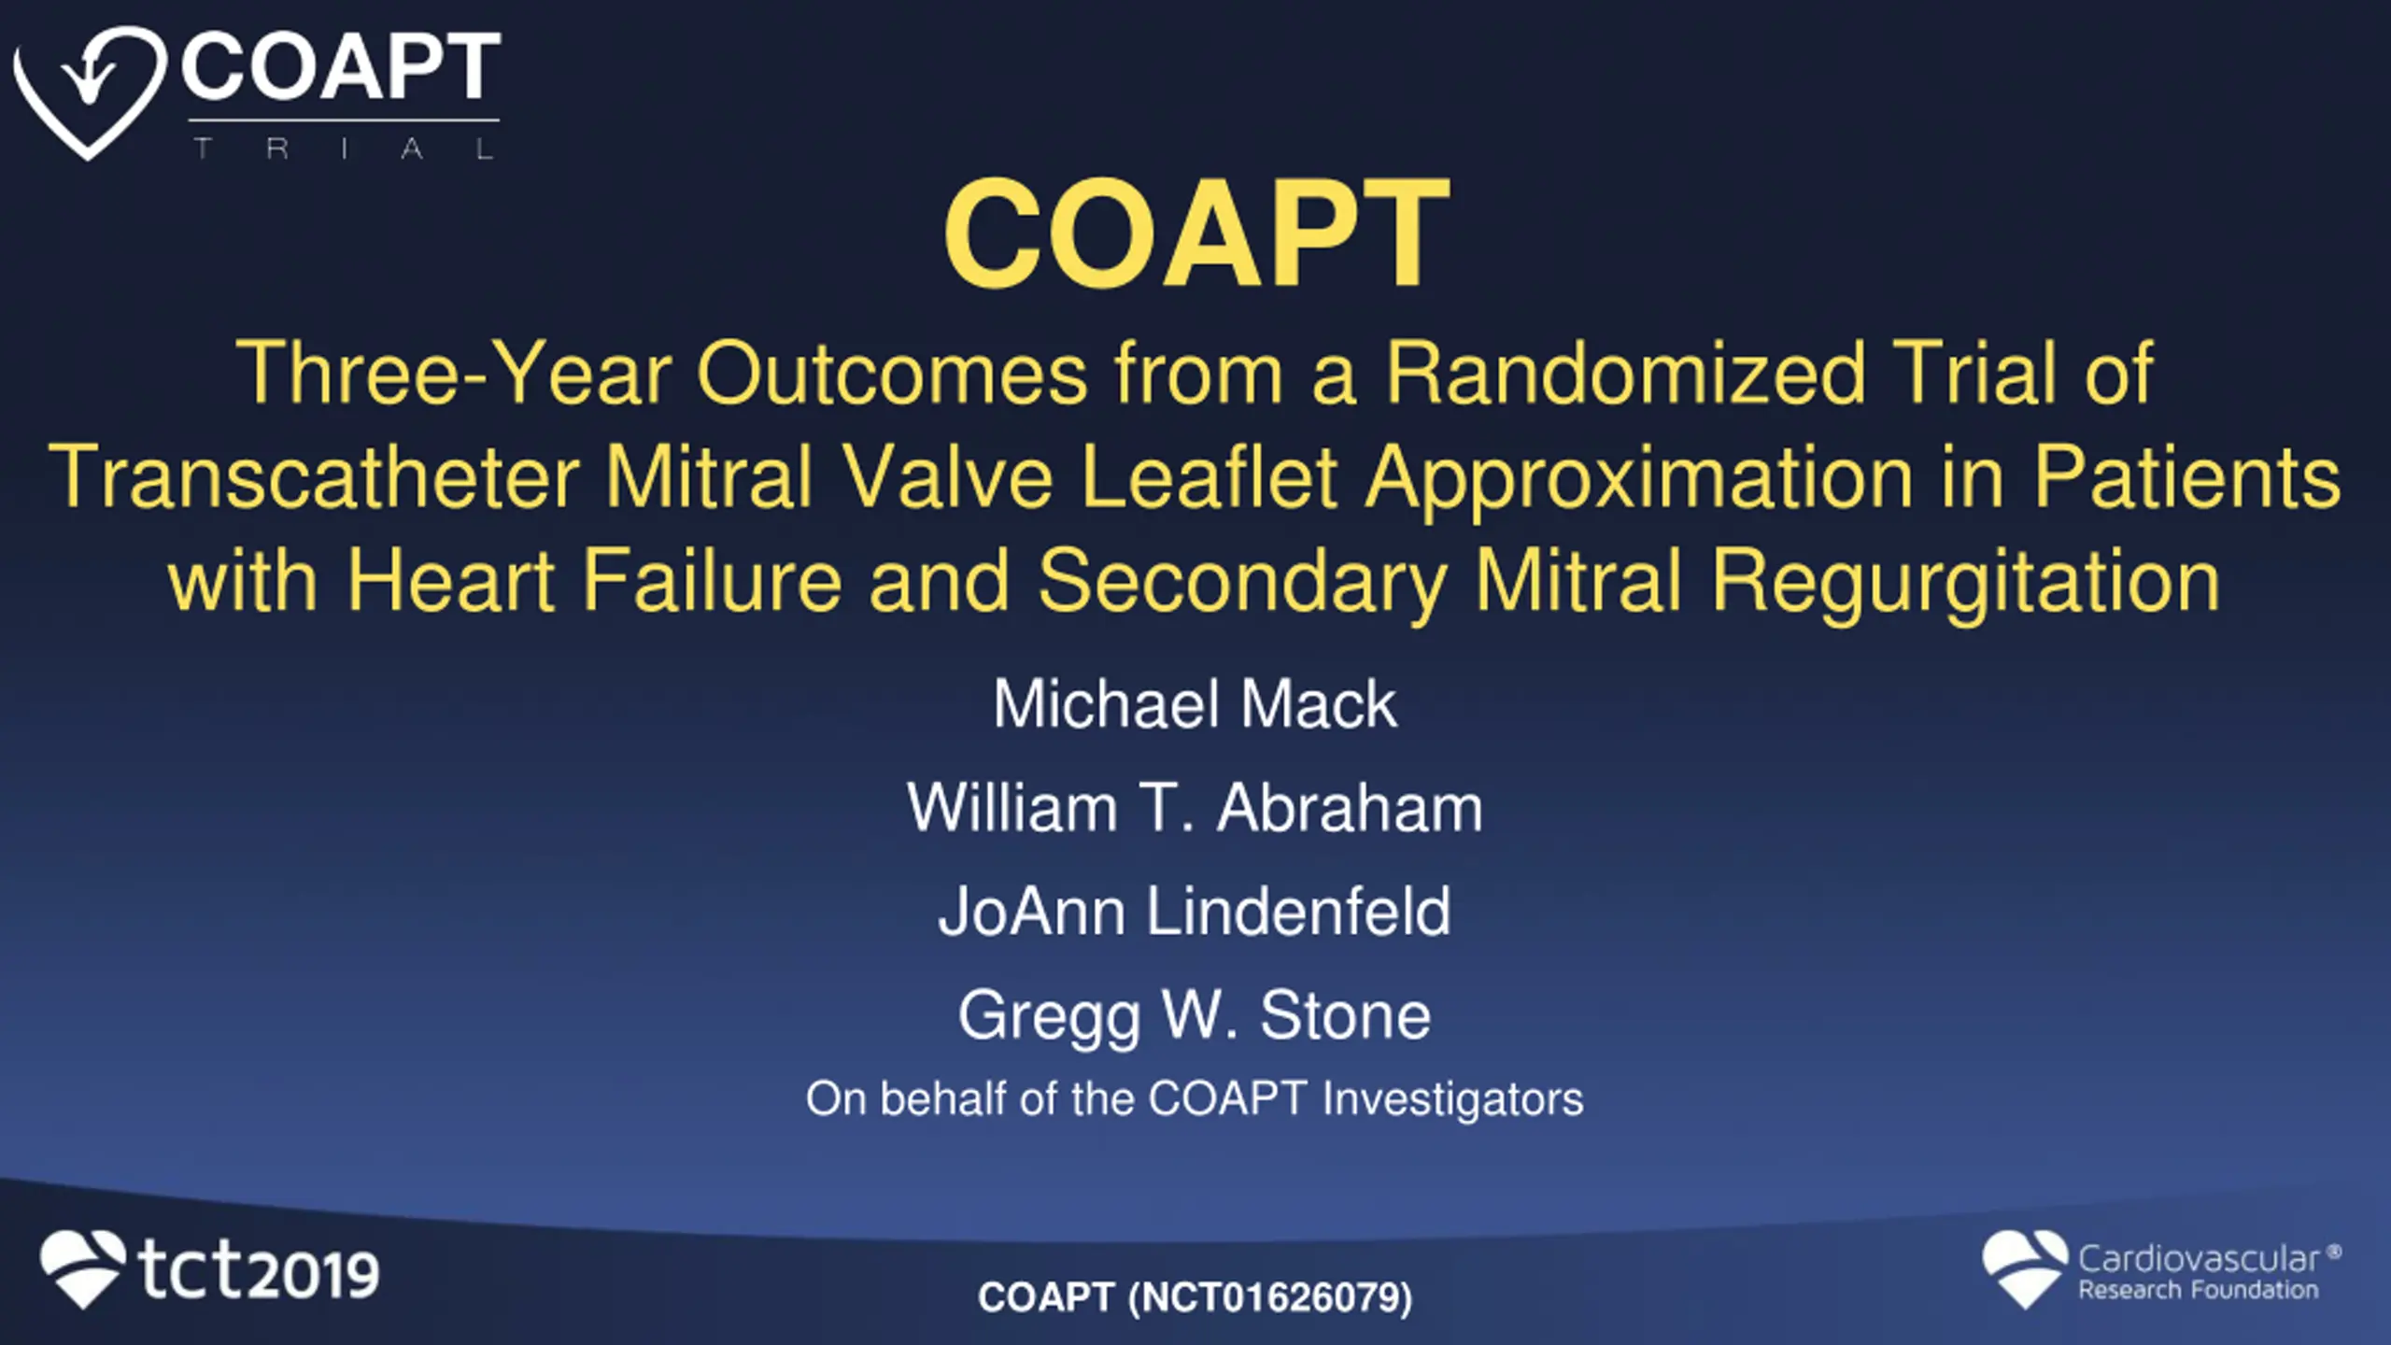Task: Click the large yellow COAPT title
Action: pyautogui.click(x=1196, y=234)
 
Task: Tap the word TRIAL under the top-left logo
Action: pyautogui.click(x=344, y=149)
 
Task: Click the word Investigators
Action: pyautogui.click(x=1453, y=1099)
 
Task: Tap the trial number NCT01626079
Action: pyautogui.click(x=1270, y=1297)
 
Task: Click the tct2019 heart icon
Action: pyautogui.click(x=82, y=1268)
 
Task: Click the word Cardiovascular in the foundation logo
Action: pyautogui.click(x=2199, y=1259)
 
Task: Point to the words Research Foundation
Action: pyautogui.click(x=2199, y=1291)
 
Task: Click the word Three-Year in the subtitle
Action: pyautogui.click(x=454, y=374)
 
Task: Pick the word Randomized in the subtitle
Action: pyautogui.click(x=1626, y=374)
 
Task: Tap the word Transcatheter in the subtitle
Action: pyautogui.click(x=314, y=477)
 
